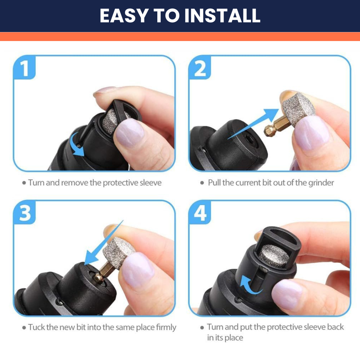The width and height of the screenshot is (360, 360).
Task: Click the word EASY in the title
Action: click(124, 16)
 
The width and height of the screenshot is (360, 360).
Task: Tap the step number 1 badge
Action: click(24, 69)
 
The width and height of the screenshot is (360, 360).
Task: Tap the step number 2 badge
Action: click(200, 69)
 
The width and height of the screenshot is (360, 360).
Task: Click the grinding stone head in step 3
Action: click(118, 253)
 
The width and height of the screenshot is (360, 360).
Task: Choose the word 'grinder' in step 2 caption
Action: click(321, 183)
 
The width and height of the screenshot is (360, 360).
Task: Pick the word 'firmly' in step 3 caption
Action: click(166, 327)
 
